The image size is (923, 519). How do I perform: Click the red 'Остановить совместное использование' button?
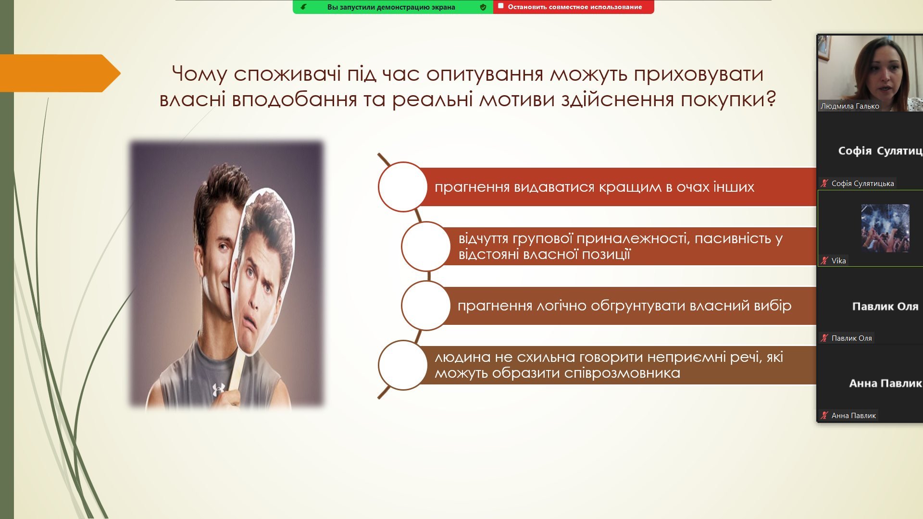click(x=574, y=7)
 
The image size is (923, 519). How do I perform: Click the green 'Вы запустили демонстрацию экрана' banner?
click(x=393, y=7)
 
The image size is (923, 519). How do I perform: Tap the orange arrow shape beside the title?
click(x=60, y=73)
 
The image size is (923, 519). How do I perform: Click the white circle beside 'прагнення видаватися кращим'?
click(x=403, y=187)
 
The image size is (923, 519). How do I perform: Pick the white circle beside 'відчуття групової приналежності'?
click(x=426, y=246)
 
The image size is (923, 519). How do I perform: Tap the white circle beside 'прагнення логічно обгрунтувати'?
click(x=426, y=306)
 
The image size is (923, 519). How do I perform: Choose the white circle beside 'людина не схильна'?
click(x=403, y=365)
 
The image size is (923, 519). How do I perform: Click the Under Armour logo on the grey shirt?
click(x=219, y=389)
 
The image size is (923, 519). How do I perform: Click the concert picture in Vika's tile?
click(x=885, y=228)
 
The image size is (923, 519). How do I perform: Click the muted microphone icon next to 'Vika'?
click(x=824, y=260)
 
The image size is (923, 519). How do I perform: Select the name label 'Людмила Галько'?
click(x=849, y=106)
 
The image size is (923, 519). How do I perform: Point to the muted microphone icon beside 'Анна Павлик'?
click(x=824, y=415)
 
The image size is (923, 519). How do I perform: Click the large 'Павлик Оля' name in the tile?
click(x=885, y=307)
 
